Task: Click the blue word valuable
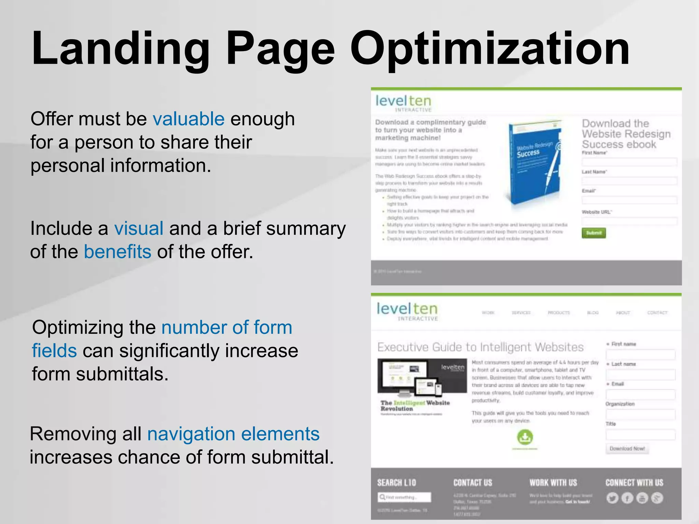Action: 188,119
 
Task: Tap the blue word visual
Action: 139,228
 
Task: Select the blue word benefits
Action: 117,252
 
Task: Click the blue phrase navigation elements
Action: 233,434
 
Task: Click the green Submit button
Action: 594,233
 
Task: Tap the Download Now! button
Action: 627,449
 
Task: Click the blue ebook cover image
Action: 534,162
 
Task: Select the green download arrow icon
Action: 525,437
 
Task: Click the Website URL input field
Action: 629,221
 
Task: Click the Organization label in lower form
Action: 620,404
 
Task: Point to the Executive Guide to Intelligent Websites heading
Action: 480,347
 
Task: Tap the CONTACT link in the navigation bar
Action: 657,312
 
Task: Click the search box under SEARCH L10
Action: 404,497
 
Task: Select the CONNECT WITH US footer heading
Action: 634,483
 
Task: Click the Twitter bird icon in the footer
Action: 612,498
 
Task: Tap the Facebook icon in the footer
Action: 627,498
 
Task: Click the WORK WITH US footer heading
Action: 553,483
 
